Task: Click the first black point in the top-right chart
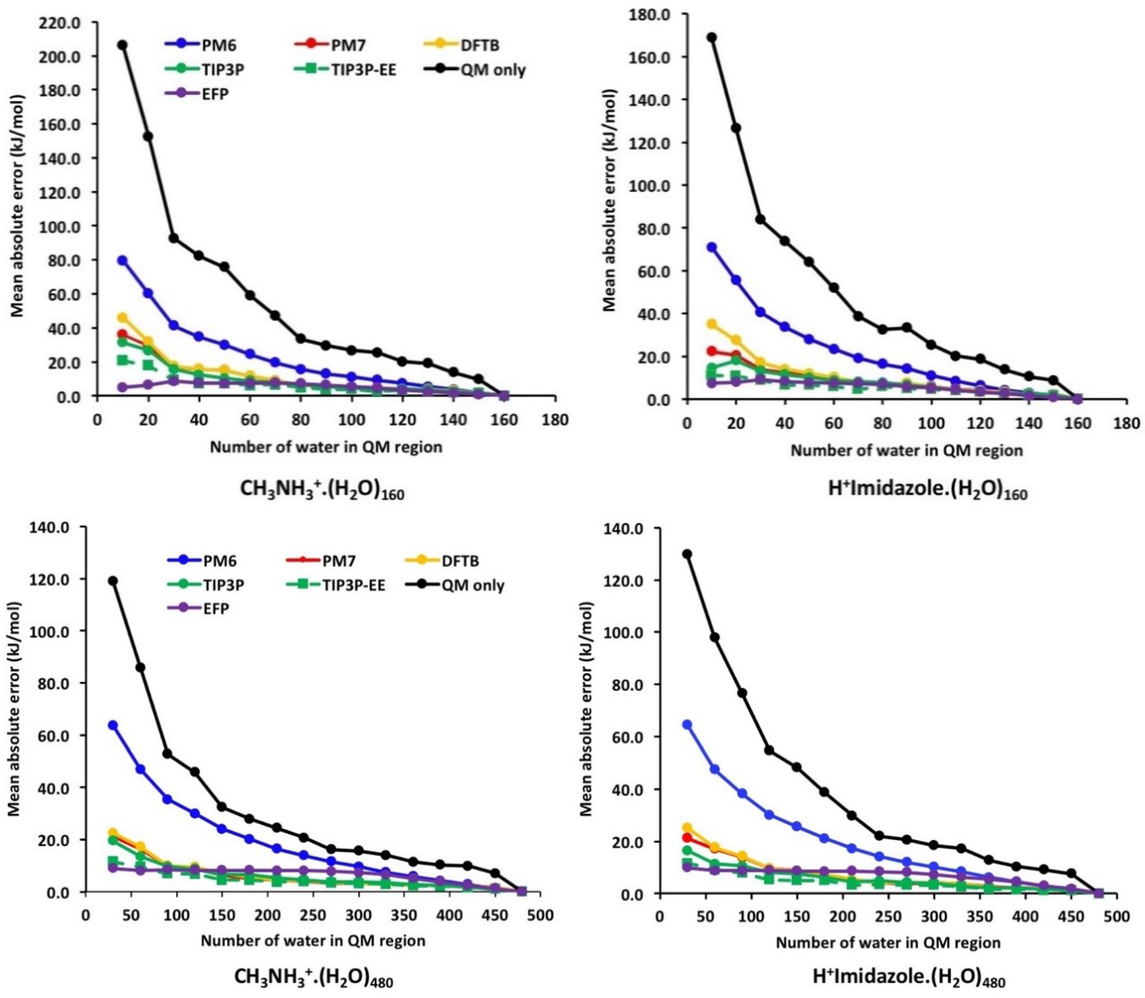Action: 711,37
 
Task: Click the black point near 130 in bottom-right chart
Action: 687,554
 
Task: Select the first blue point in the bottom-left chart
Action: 113,725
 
